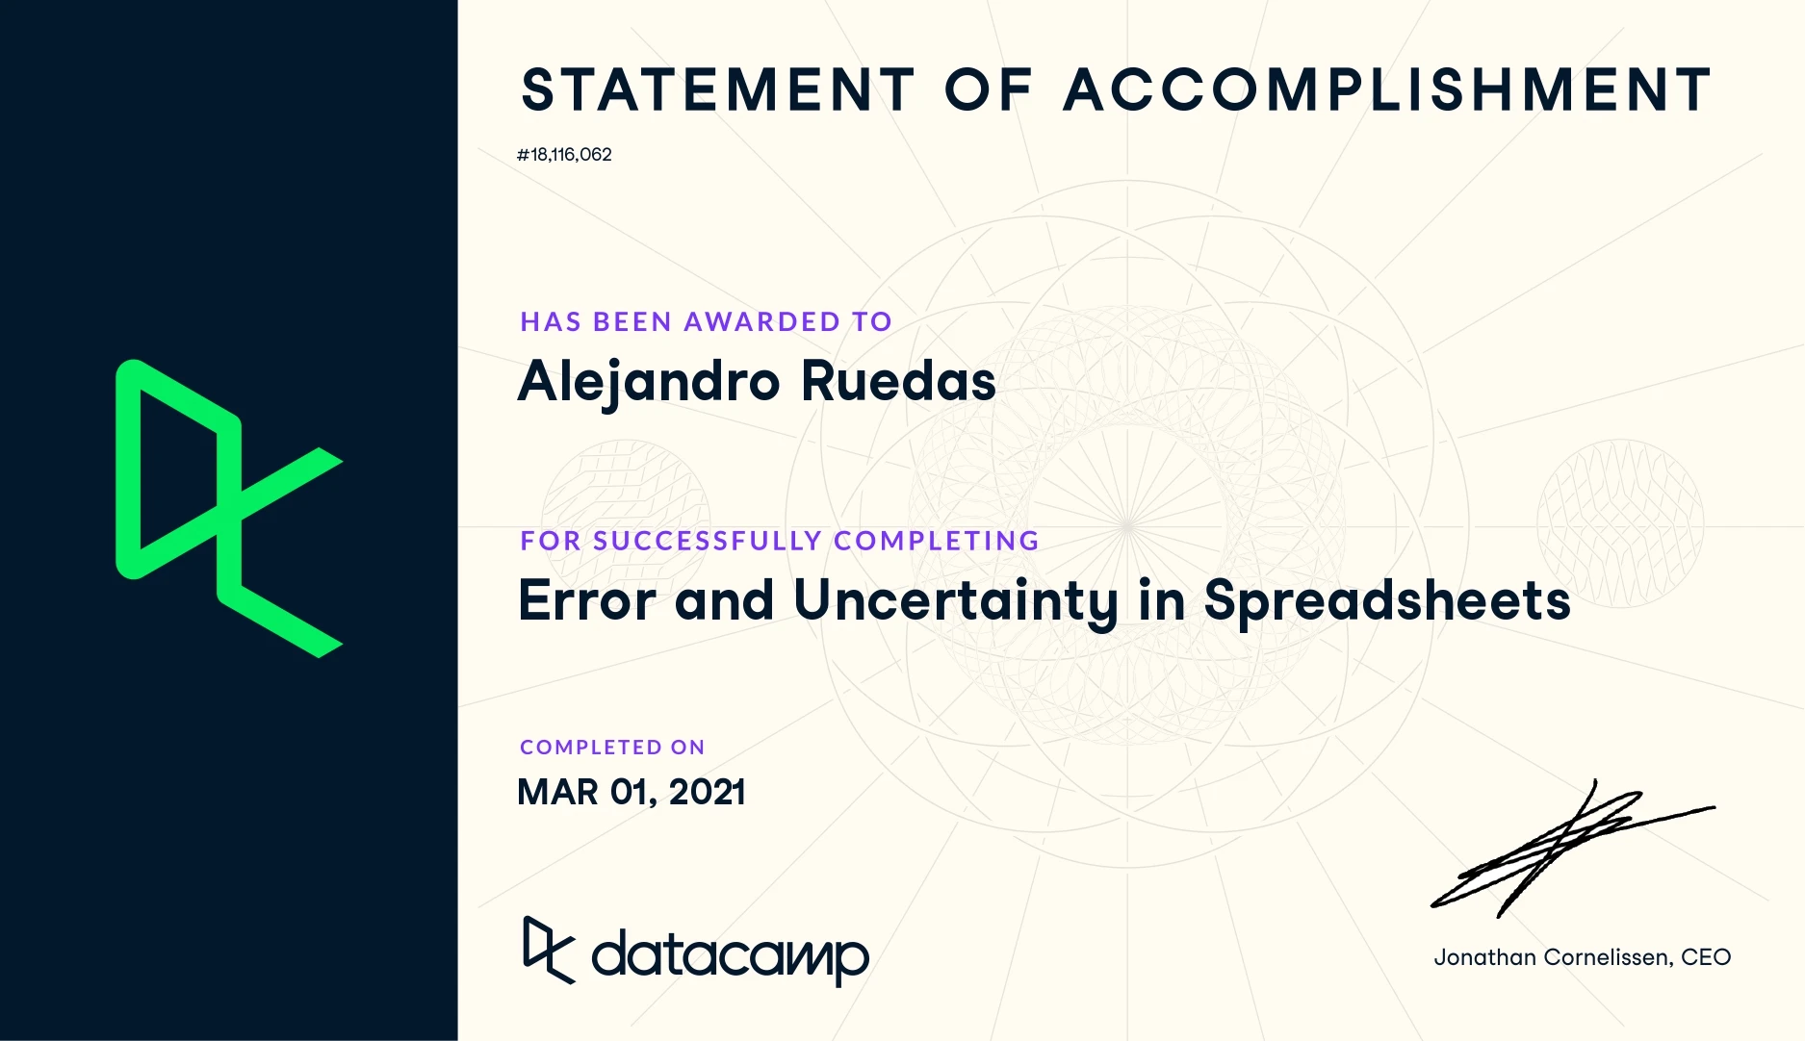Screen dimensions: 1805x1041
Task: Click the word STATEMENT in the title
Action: (718, 90)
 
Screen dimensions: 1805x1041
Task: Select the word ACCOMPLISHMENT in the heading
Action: (1387, 90)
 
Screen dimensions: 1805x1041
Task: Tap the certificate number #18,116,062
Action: (564, 155)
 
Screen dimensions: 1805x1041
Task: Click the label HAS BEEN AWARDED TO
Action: (707, 321)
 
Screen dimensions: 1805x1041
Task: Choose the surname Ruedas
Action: (898, 381)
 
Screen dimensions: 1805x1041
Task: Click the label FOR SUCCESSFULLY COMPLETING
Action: (780, 541)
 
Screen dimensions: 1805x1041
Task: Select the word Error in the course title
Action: (587, 600)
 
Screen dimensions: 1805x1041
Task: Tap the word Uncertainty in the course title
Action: (956, 602)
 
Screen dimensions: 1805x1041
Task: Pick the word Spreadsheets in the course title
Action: (1387, 602)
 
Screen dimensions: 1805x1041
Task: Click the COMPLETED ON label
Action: (612, 748)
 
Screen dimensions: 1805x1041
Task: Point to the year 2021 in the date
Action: (707, 792)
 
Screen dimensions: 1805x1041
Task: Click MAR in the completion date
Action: (557, 792)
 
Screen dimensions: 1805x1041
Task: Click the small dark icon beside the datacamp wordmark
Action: (548, 950)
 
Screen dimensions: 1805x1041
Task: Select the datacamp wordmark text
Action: (730, 955)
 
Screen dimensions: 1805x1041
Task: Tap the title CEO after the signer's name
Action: (1706, 957)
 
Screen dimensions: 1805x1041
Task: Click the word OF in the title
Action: (989, 90)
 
